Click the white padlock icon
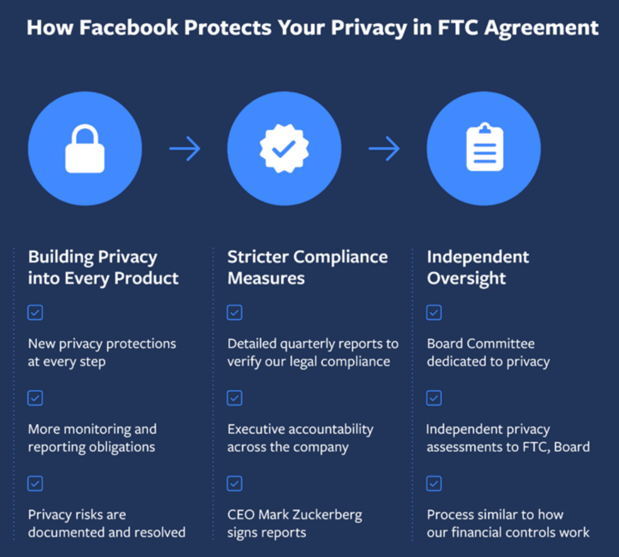click(85, 149)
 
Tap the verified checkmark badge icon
click(284, 149)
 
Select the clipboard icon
click(485, 147)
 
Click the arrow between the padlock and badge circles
click(185, 149)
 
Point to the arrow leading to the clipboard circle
click(384, 149)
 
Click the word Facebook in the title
click(129, 28)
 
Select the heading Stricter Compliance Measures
click(308, 267)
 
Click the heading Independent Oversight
click(478, 267)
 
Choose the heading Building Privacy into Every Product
click(103, 267)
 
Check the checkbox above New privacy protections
click(35, 313)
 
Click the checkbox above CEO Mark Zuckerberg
click(235, 484)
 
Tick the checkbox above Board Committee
click(434, 313)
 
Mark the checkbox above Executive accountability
click(235, 398)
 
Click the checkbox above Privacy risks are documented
click(35, 484)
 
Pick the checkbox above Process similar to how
click(434, 484)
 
